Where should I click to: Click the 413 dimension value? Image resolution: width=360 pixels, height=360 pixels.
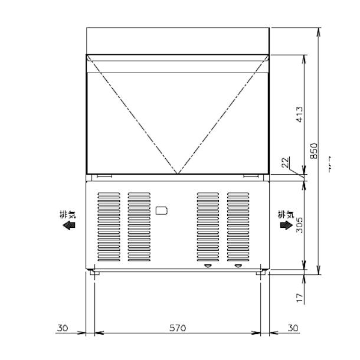coord(300,114)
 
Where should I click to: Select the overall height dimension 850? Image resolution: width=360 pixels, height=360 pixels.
coord(314,150)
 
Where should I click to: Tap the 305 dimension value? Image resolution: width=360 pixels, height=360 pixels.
coord(300,224)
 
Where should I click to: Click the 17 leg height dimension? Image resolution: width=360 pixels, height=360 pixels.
coord(300,298)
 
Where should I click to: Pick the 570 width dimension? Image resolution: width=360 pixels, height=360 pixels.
coord(178,328)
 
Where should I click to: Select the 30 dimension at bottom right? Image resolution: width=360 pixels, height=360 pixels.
coord(293,328)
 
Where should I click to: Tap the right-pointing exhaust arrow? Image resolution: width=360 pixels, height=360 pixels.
coord(286,225)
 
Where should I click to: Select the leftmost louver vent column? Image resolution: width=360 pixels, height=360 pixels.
coord(108,227)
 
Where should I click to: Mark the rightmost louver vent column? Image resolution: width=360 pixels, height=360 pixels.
coord(238,227)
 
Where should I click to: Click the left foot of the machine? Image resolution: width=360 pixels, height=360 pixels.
coord(94,272)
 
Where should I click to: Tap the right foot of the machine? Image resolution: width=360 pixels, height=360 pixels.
coord(260,272)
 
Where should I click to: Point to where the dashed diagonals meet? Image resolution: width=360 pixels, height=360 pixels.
coord(178,174)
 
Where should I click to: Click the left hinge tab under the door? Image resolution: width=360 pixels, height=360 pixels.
coord(104,176)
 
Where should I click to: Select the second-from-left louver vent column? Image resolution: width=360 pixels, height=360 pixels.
coord(139,227)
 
